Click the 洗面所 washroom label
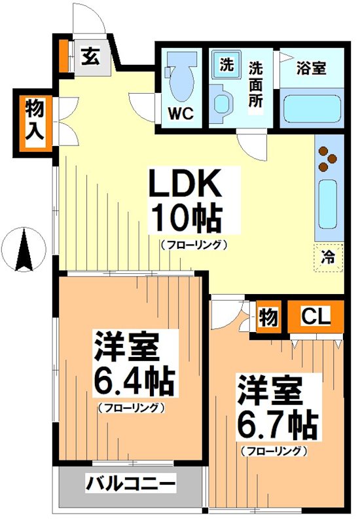coord(257,84)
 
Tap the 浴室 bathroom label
coord(310,67)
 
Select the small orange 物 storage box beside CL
coord(268,318)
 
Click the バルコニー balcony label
coord(130,485)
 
